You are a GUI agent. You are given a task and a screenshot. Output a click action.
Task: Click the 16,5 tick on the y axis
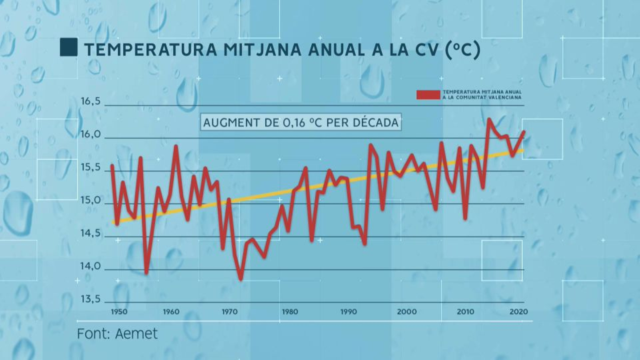click(90, 101)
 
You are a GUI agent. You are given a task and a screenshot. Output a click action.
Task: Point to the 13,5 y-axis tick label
click(90, 299)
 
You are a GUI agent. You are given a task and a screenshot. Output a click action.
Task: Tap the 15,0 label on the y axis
click(90, 200)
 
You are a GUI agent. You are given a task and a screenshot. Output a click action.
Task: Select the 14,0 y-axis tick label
click(90, 266)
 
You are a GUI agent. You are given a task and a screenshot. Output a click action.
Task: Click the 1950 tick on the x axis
click(119, 312)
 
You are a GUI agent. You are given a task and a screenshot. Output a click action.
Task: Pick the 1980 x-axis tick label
click(290, 312)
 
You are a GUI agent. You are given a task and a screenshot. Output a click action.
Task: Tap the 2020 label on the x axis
click(518, 312)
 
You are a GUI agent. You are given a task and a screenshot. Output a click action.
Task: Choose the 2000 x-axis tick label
click(406, 312)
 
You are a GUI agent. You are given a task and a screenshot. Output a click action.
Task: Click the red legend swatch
click(428, 95)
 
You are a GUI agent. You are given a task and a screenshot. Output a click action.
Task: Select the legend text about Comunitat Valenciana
click(482, 94)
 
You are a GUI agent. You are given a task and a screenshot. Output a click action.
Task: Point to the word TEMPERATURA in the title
click(150, 50)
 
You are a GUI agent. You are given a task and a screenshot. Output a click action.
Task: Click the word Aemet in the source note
click(136, 334)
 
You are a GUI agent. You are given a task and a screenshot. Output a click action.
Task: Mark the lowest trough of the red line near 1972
click(241, 279)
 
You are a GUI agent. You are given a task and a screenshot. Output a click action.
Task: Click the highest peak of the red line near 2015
click(489, 119)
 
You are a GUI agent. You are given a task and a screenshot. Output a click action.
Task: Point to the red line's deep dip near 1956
click(146, 273)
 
